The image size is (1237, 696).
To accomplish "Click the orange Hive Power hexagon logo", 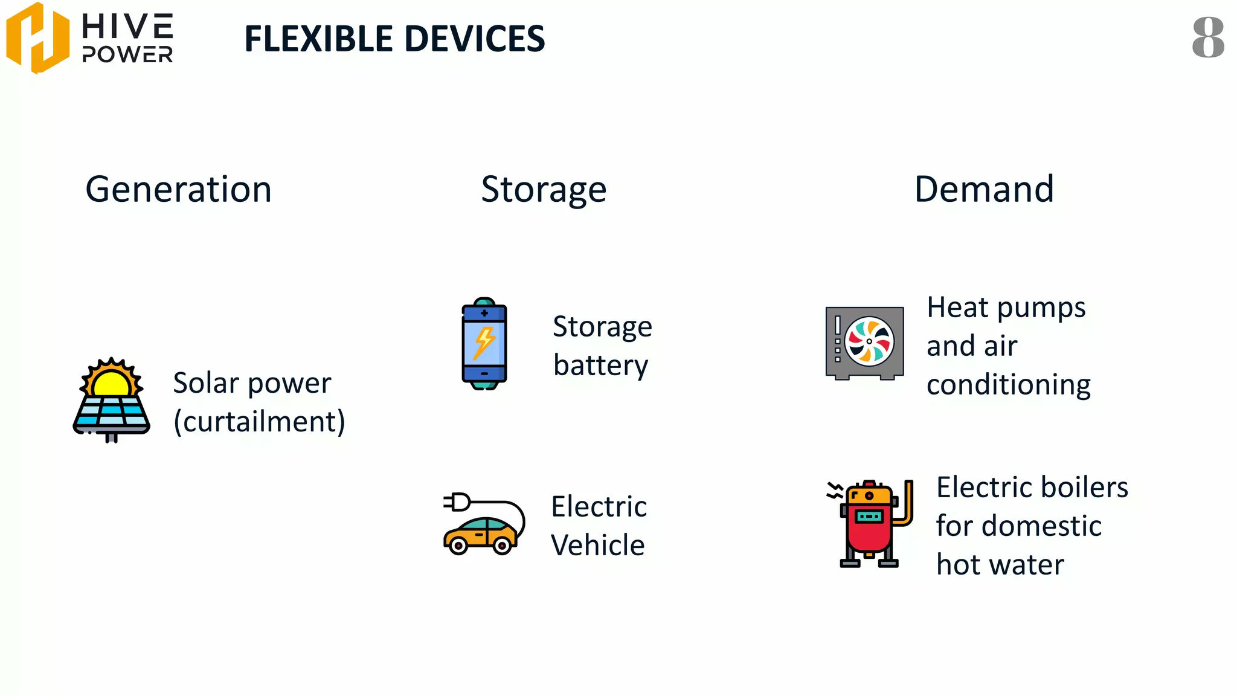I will (x=37, y=37).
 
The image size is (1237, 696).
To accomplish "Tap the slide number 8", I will (x=1208, y=37).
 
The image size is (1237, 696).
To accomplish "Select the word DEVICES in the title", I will (x=475, y=39).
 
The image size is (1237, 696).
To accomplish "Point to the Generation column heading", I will (x=178, y=189).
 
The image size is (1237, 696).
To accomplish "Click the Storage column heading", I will (x=544, y=190).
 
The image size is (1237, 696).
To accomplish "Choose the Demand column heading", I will (x=984, y=189).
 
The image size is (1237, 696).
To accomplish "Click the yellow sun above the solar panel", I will (x=112, y=382).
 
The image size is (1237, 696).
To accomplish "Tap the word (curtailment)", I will (x=259, y=422).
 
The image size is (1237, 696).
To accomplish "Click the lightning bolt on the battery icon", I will (x=484, y=343).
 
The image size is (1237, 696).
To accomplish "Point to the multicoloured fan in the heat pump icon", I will (x=869, y=341).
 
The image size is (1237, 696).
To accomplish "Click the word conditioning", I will (x=1009, y=385).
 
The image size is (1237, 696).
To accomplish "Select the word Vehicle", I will (x=597, y=546).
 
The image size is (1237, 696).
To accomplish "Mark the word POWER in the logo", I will (x=127, y=55).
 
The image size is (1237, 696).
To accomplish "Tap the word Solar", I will (x=206, y=383).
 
